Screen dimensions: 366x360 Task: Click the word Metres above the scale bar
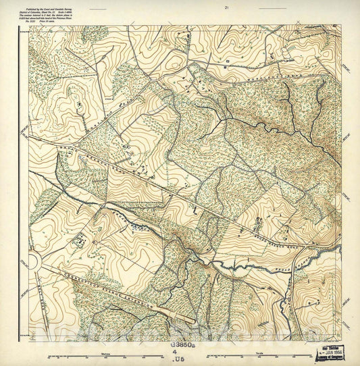(105, 351)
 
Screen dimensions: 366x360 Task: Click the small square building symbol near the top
(228, 60)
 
